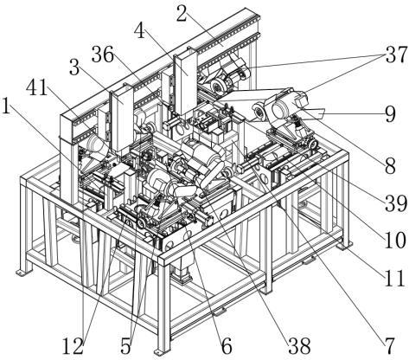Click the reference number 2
pyautogui.click(x=182, y=14)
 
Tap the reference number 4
pyautogui.click(x=139, y=31)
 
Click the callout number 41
pyautogui.click(x=37, y=87)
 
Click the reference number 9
pyautogui.click(x=390, y=114)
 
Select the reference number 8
pyautogui.click(x=390, y=165)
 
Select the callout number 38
pyautogui.click(x=300, y=345)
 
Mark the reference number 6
pyautogui.click(x=227, y=345)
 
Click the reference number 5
pyautogui.click(x=126, y=346)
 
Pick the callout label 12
pyautogui.click(x=73, y=346)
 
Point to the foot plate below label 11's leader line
pyautogui.click(x=344, y=246)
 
